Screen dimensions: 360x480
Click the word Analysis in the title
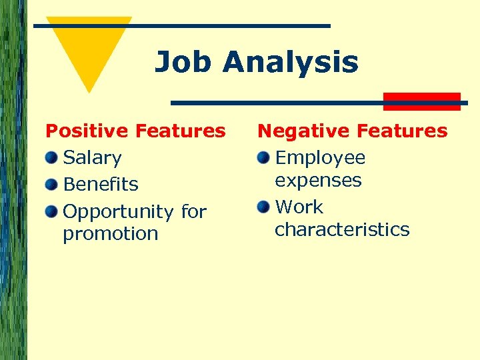[291, 63]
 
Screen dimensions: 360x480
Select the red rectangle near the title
[422, 101]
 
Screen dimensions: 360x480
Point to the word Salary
[92, 158]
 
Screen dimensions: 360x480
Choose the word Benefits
[101, 184]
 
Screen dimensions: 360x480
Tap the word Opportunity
[118, 212]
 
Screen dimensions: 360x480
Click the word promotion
[111, 234]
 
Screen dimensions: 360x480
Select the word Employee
[320, 158]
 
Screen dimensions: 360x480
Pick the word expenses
[318, 181]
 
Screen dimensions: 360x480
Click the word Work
[299, 207]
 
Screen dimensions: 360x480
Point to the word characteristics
[342, 230]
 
